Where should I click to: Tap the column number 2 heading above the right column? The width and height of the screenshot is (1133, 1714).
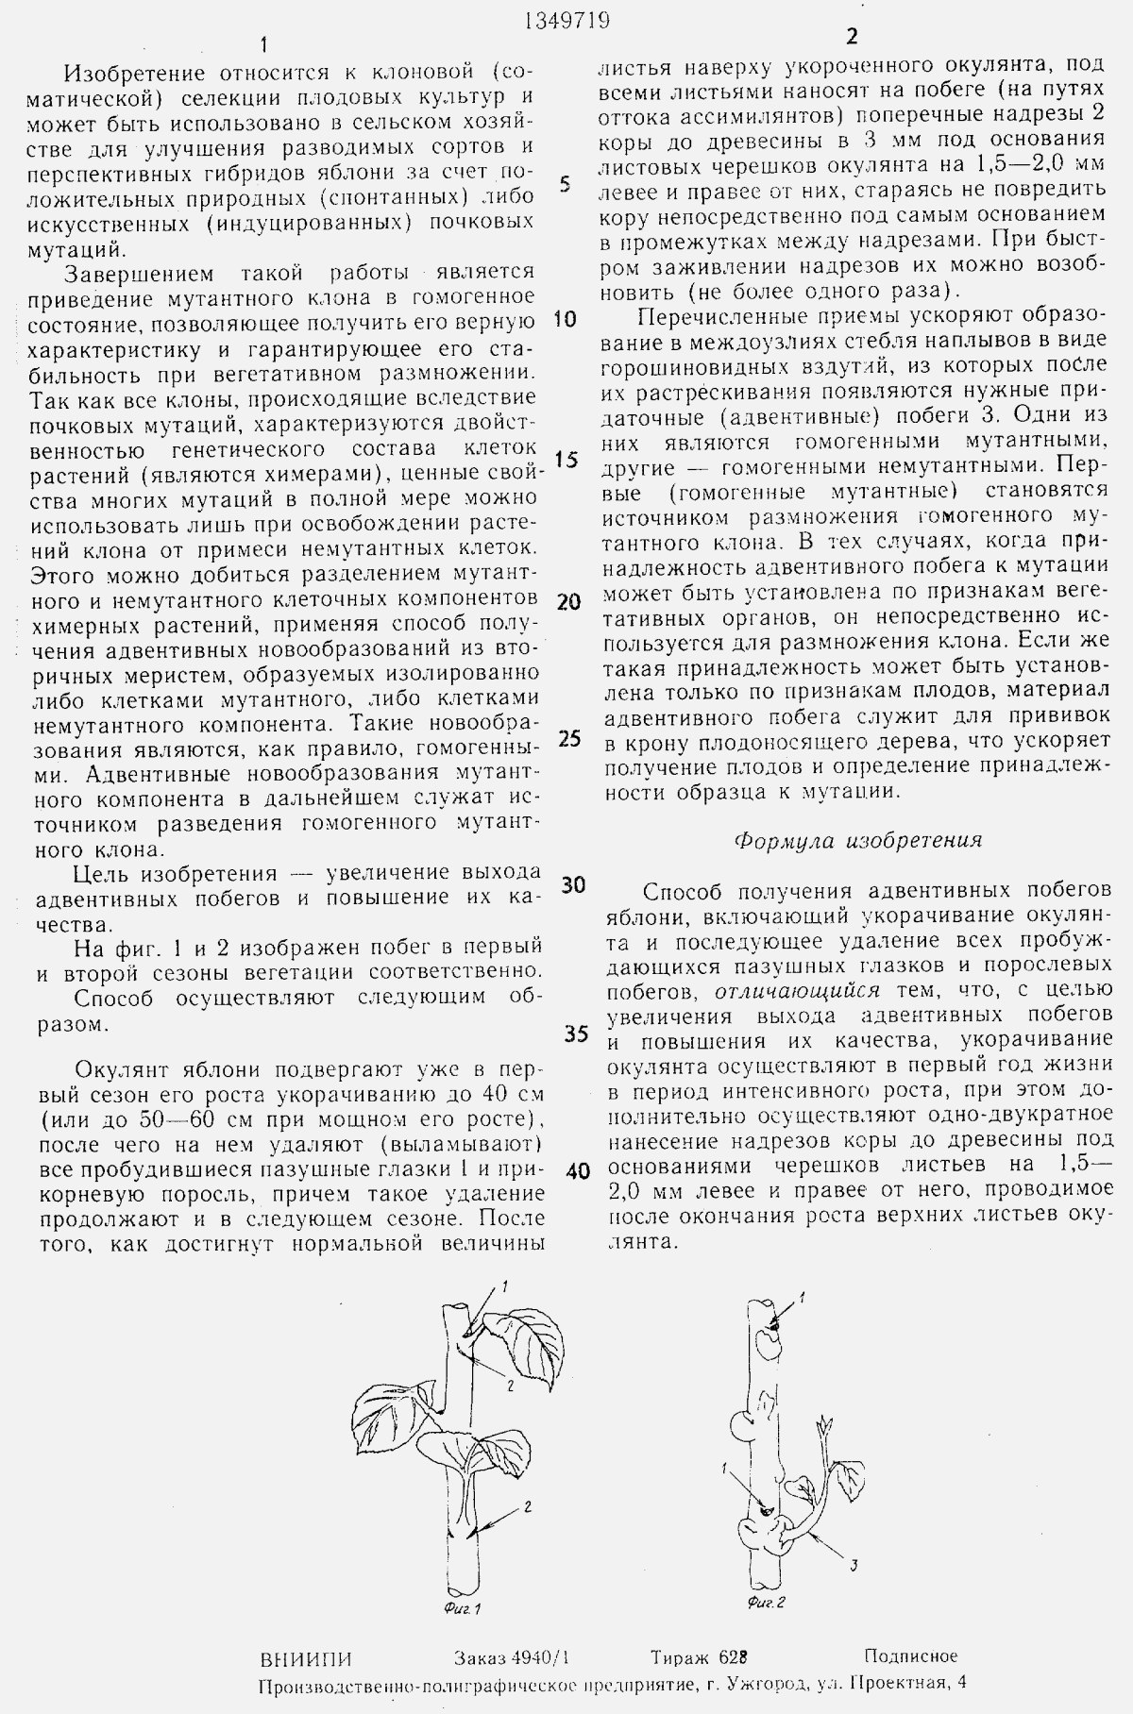pyautogui.click(x=853, y=38)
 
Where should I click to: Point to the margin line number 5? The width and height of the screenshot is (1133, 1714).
pyautogui.click(x=565, y=183)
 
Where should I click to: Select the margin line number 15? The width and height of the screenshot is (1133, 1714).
pyautogui.click(x=566, y=460)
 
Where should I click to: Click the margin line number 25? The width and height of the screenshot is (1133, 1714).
pyautogui.click(x=568, y=738)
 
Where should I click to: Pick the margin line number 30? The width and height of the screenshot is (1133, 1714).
pyautogui.click(x=573, y=884)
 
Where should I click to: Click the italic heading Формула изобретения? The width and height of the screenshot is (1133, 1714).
pyautogui.click(x=858, y=840)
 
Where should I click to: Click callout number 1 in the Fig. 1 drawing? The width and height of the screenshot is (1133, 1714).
pyautogui.click(x=505, y=1285)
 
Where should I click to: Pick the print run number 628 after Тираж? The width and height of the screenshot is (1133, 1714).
pyautogui.click(x=733, y=1657)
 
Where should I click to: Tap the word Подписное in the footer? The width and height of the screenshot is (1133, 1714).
pyautogui.click(x=909, y=1655)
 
